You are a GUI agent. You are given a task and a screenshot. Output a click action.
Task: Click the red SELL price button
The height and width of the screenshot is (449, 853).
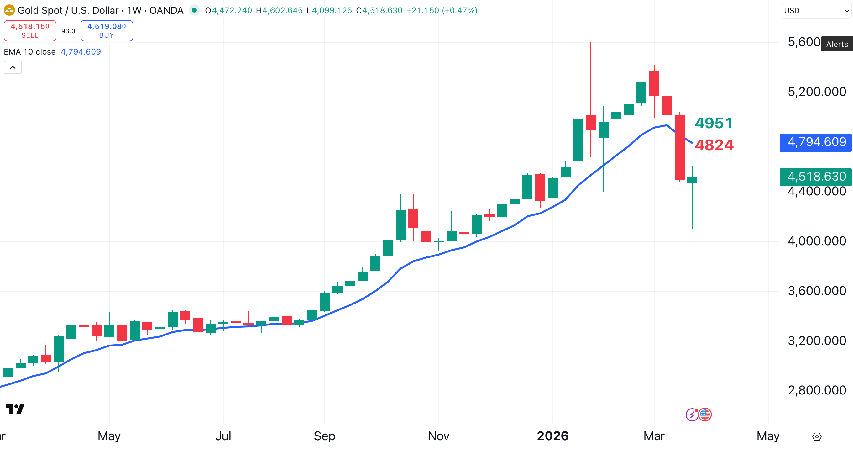coord(30,30)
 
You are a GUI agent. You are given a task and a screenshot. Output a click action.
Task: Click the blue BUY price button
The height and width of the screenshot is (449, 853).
coord(107,30)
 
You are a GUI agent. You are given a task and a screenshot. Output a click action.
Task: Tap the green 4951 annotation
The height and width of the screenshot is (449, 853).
coord(714,123)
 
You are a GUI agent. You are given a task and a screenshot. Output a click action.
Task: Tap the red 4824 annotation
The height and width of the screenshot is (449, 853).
coord(714,145)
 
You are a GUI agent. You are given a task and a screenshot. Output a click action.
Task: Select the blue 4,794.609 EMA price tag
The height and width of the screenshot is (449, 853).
coord(816,142)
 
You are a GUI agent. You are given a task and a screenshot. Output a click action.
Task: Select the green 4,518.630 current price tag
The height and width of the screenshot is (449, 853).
coord(816,177)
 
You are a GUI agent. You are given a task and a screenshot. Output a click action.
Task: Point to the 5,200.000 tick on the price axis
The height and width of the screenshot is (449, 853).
coord(817,92)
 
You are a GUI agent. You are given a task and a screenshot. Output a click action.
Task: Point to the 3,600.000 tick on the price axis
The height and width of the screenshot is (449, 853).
coord(817,291)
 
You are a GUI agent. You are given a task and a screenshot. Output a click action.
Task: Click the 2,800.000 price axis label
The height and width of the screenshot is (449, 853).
coord(817,390)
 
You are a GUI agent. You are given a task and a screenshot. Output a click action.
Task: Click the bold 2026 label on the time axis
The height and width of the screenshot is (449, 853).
coord(552,436)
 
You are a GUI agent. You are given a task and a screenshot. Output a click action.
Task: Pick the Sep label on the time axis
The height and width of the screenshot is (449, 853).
coord(324,436)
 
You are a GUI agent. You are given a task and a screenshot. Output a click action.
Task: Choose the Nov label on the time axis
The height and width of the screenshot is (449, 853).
coord(438,436)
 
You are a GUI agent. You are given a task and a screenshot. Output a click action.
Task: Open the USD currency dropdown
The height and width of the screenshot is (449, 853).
coord(816,11)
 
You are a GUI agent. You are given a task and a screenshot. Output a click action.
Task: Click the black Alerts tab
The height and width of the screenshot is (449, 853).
coord(837,44)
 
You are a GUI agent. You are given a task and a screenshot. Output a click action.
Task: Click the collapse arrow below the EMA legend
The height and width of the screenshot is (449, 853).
coord(13,68)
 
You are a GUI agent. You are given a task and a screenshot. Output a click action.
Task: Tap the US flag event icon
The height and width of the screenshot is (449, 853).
coord(705,414)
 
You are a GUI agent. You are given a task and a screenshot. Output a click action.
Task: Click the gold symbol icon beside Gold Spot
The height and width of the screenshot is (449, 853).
coord(9,10)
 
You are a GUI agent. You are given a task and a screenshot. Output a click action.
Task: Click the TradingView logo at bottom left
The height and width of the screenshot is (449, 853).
coord(15,409)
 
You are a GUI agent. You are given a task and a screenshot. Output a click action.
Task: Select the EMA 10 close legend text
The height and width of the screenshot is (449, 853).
coord(30,52)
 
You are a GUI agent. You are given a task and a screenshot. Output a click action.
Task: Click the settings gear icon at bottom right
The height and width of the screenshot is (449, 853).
coord(817,437)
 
